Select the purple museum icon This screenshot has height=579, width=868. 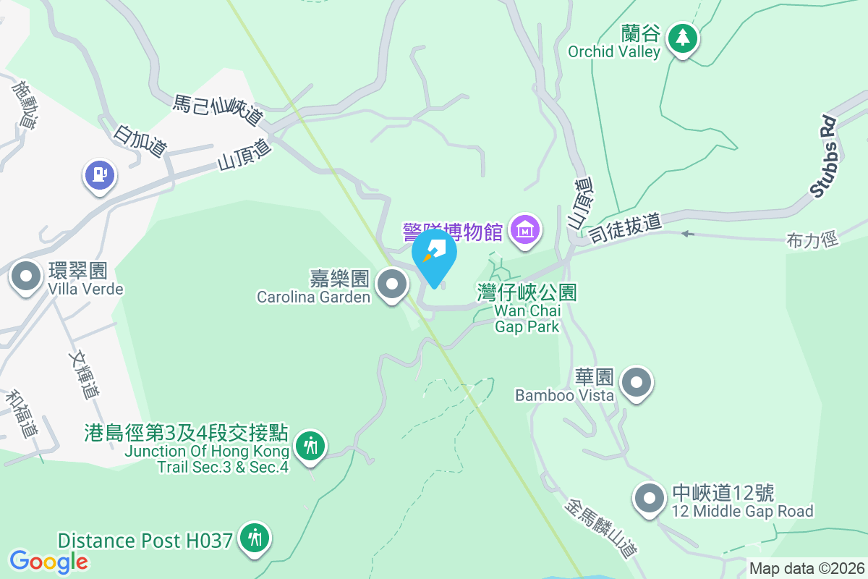pos(525,230)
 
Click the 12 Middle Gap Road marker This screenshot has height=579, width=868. pos(649,499)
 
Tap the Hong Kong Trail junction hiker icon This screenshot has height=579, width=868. pos(311,445)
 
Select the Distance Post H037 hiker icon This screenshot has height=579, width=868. pos(255,538)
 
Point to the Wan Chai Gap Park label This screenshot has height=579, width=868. pos(527,309)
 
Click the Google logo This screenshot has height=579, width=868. pos(49,561)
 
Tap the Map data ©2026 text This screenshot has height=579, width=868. pos(807,568)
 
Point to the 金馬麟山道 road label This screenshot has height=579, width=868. pos(601,525)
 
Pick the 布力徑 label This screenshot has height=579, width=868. pos(812,240)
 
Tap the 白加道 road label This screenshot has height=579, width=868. pos(140,141)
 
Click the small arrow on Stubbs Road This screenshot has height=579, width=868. pos(687,234)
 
